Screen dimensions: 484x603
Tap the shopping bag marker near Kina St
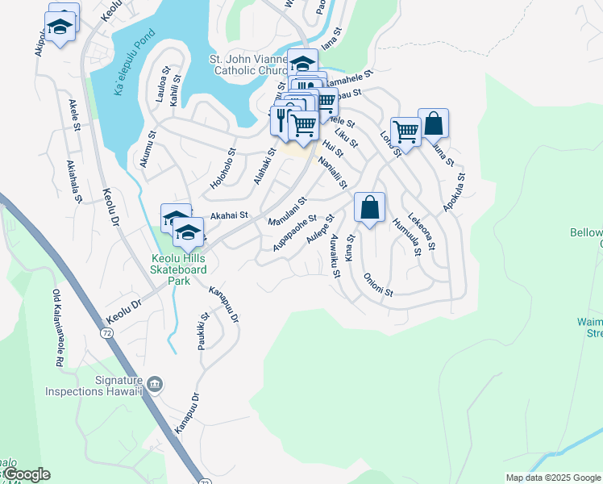click(369, 207)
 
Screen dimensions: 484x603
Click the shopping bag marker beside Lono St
click(433, 123)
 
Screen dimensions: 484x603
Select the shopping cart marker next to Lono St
click(405, 130)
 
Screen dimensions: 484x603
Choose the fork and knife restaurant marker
click(281, 119)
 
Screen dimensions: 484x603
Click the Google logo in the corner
click(26, 474)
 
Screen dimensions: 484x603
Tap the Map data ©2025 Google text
click(553, 478)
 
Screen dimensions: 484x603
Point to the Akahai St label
click(228, 216)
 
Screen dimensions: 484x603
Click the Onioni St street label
click(377, 286)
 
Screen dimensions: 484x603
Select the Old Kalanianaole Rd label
click(58, 328)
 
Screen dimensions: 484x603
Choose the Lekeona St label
click(422, 230)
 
